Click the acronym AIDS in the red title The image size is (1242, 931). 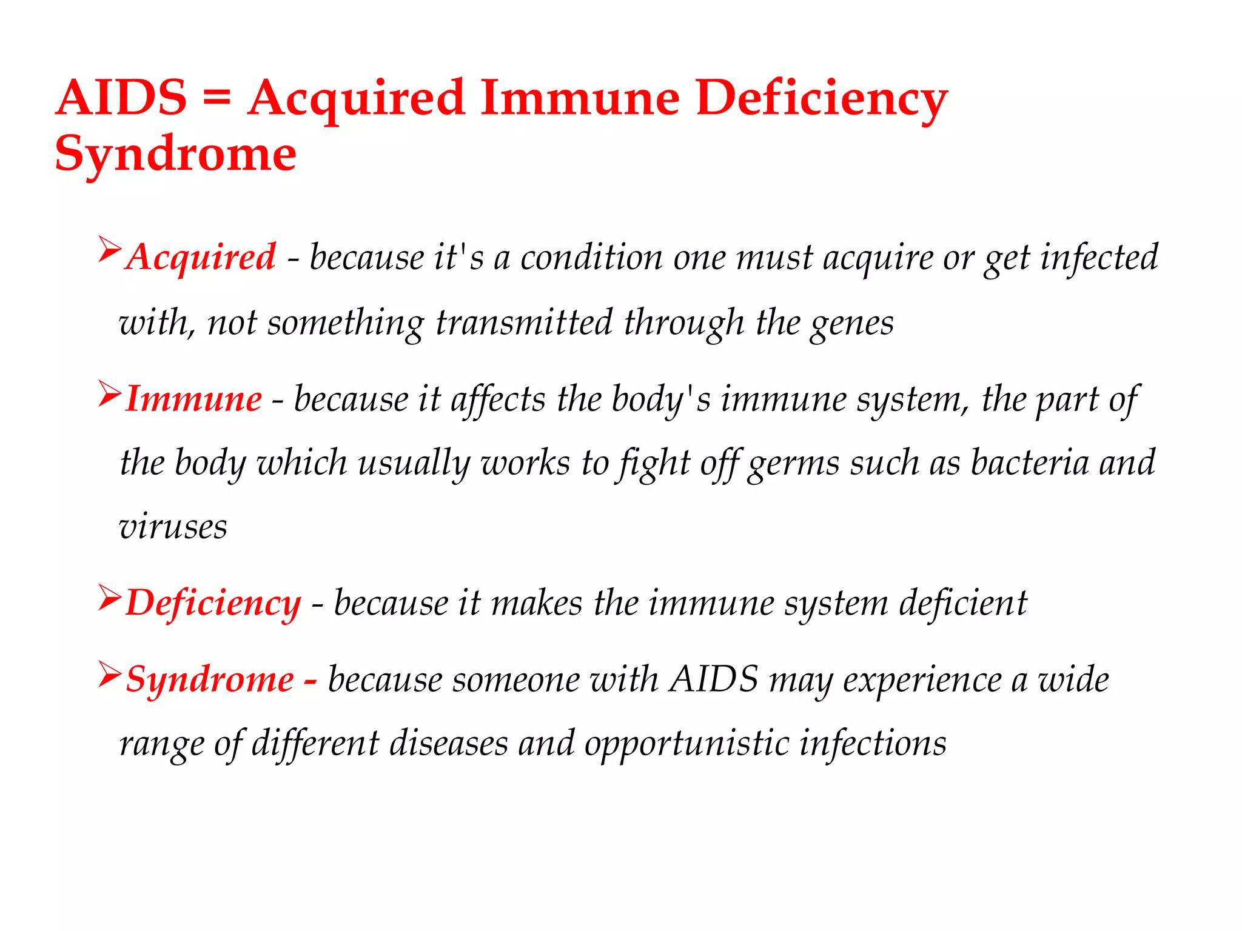click(x=121, y=98)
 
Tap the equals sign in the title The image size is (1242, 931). click(x=217, y=98)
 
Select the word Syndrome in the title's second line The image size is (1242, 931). click(x=175, y=155)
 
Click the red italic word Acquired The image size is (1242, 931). click(x=201, y=258)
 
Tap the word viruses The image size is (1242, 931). click(x=173, y=527)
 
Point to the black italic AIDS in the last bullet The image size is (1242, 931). click(x=714, y=679)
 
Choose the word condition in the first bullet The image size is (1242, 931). click(x=591, y=258)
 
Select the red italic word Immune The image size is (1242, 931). click(x=193, y=399)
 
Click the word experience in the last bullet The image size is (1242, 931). click(x=921, y=680)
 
